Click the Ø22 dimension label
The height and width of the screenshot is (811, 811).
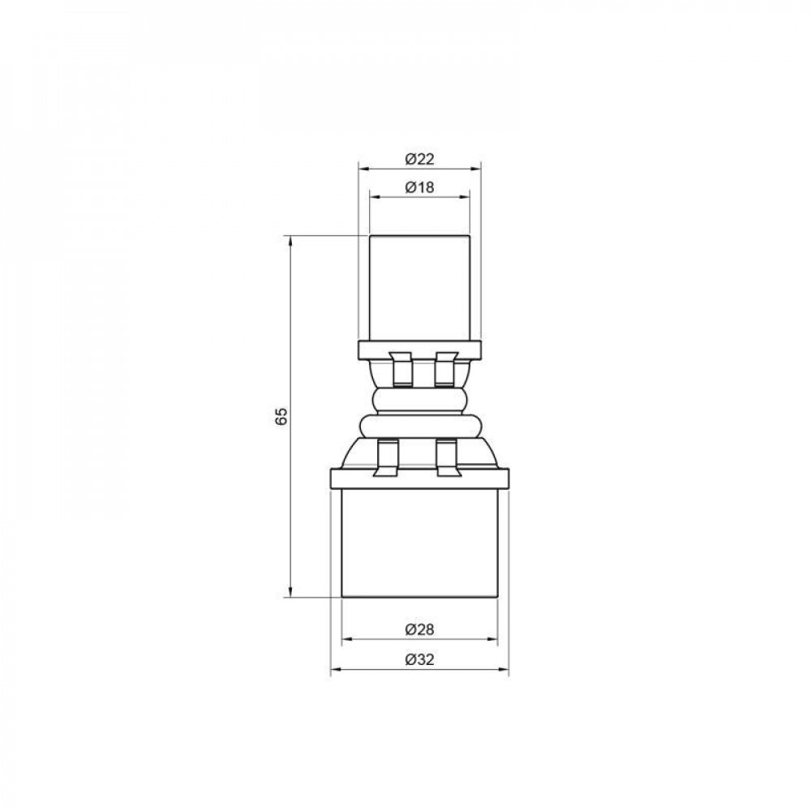pyautogui.click(x=419, y=159)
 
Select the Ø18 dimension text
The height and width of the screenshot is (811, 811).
pyautogui.click(x=419, y=187)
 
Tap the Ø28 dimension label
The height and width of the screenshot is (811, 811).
pyautogui.click(x=419, y=629)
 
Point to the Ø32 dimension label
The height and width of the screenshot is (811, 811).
pyautogui.click(x=419, y=659)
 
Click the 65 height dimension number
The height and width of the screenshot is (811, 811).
pyautogui.click(x=281, y=417)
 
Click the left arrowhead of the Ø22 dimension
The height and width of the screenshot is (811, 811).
pyautogui.click(x=363, y=169)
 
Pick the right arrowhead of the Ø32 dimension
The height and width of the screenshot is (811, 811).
pyautogui.click(x=504, y=670)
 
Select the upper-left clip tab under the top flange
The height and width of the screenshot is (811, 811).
pyautogui.click(x=401, y=368)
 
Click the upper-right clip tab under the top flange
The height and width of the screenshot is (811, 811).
pyautogui.click(x=445, y=368)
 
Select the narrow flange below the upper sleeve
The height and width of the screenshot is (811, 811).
pyautogui.click(x=419, y=350)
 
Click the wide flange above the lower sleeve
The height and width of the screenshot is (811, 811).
pyautogui.click(x=419, y=478)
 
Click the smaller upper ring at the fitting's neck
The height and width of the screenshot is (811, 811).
pyautogui.click(x=419, y=400)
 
